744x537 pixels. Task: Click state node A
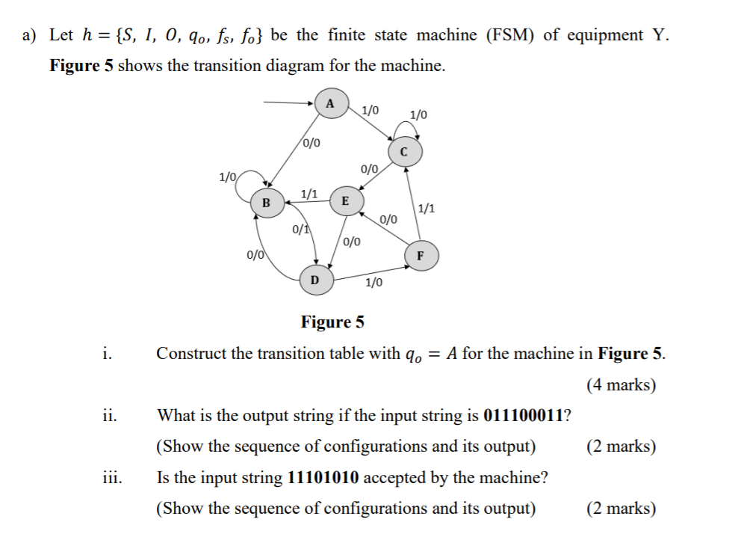[329, 103]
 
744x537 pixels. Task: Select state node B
[267, 201]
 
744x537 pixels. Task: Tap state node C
[404, 152]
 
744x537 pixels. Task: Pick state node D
[314, 280]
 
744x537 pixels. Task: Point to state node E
[344, 200]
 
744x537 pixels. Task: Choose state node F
[420, 256]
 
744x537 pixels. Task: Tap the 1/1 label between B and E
[309, 194]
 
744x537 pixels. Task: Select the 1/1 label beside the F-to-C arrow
[427, 209]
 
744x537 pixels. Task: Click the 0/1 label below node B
[301, 229]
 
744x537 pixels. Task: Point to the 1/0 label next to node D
[373, 282]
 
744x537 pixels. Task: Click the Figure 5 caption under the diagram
[332, 322]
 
